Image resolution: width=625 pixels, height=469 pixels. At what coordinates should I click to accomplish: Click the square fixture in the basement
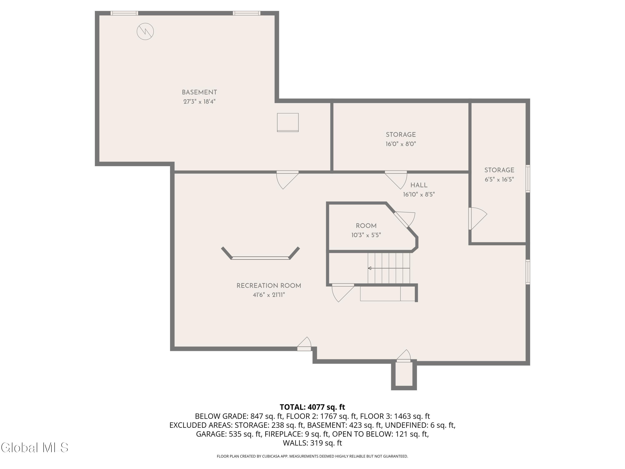click(288, 122)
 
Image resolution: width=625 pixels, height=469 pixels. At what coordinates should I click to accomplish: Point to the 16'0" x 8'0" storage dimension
click(401, 144)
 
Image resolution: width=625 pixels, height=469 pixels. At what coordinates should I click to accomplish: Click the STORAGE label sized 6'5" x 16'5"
click(499, 170)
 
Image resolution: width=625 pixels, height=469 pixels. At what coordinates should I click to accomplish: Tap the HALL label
click(419, 185)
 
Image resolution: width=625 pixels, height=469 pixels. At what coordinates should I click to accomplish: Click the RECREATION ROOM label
click(269, 286)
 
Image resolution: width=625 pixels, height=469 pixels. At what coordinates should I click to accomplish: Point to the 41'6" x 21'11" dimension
click(269, 295)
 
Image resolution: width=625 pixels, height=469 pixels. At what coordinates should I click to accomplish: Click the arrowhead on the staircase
click(370, 268)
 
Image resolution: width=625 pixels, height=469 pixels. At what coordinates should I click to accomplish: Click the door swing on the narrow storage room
click(478, 218)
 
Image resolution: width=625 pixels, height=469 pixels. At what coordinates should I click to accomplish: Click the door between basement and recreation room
click(287, 180)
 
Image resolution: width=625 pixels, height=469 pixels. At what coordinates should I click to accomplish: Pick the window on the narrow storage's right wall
click(527, 179)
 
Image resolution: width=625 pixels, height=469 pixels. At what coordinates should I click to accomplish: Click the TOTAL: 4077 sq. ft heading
click(312, 407)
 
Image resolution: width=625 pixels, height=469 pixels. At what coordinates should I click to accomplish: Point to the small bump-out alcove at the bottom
click(404, 375)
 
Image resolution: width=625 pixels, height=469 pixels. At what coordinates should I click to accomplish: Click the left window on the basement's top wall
click(124, 13)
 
